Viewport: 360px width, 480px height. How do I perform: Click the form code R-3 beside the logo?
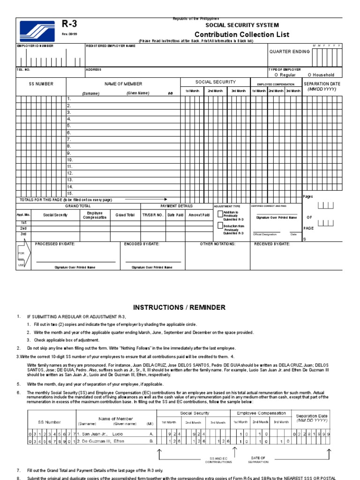coord(69,25)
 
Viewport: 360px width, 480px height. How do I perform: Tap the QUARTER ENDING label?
coord(289,52)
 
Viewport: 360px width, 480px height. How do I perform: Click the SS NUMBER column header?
coord(41,84)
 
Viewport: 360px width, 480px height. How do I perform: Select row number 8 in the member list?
coord(69,146)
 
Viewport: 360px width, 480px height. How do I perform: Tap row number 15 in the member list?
coord(70,193)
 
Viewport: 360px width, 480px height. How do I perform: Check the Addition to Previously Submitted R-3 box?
coord(220,214)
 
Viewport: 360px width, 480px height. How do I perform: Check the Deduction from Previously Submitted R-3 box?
coord(220,225)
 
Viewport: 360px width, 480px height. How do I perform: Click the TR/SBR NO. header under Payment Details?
coord(153,215)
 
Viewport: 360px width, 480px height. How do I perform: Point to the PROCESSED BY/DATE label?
coord(55,244)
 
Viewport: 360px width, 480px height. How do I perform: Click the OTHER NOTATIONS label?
coord(217,244)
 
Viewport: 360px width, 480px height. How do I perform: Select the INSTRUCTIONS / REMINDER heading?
coord(180,307)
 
